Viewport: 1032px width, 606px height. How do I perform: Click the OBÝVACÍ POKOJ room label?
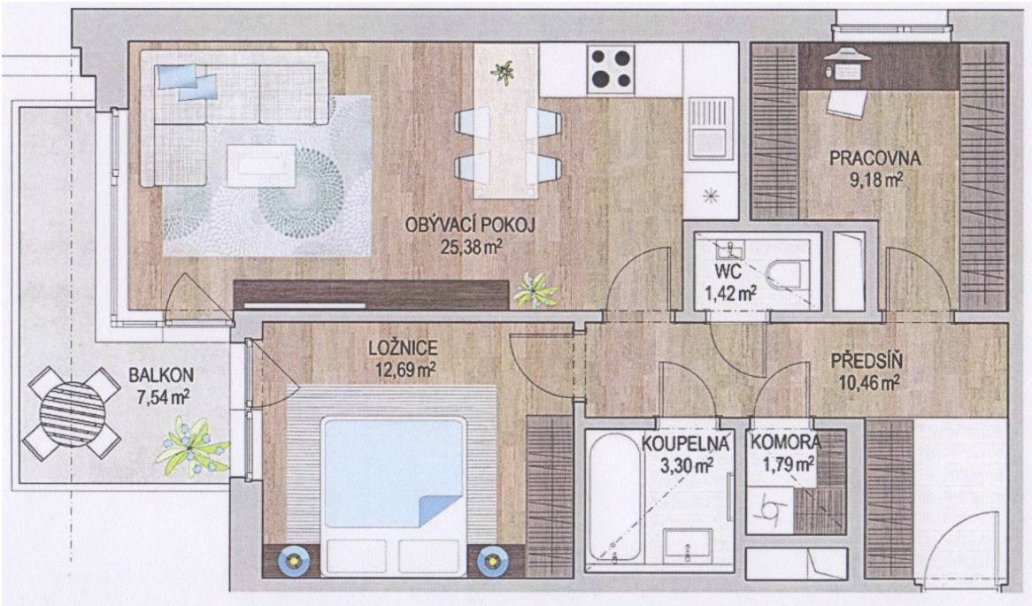[469, 226]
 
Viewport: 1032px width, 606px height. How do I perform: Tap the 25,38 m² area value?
[471, 248]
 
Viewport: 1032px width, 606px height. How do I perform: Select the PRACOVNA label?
[874, 158]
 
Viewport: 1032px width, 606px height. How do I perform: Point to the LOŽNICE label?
[403, 348]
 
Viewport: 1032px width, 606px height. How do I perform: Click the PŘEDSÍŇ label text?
[866, 361]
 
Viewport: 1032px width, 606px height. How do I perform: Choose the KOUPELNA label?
[686, 443]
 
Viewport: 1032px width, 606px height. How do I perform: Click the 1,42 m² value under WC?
[730, 294]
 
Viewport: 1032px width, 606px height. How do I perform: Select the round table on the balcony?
[72, 412]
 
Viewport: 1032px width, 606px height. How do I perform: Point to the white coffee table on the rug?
[260, 165]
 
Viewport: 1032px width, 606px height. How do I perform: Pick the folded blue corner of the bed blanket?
[441, 510]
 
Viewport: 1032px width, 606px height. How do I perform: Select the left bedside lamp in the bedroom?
[293, 561]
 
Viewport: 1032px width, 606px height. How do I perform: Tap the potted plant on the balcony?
[192, 448]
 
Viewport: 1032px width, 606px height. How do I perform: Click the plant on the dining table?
[504, 70]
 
